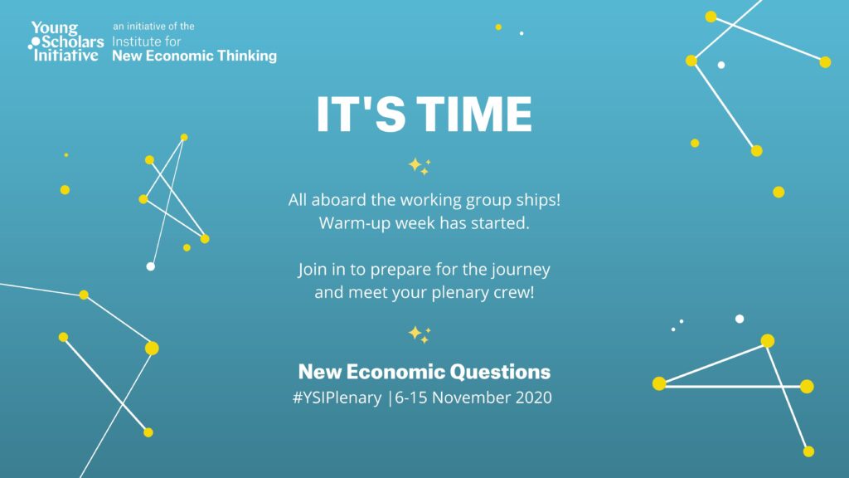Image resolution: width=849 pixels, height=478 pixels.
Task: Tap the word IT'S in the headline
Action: (361, 114)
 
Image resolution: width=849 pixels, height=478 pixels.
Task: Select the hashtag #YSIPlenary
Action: (337, 398)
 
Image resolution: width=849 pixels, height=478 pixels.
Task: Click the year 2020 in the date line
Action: (533, 398)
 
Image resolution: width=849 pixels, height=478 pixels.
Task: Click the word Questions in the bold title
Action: (500, 372)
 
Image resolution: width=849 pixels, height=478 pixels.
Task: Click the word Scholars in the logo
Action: (73, 41)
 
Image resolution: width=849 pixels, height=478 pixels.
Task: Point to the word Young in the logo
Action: (55, 28)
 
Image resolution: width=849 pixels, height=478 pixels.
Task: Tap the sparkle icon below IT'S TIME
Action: (419, 166)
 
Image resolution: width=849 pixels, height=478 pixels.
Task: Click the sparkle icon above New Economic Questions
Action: (419, 334)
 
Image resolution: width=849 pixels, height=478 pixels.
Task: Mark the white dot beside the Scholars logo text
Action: (36, 41)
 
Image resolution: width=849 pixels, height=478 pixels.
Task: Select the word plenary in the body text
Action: (434, 293)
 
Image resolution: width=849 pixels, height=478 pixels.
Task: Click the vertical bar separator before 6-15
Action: (390, 398)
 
